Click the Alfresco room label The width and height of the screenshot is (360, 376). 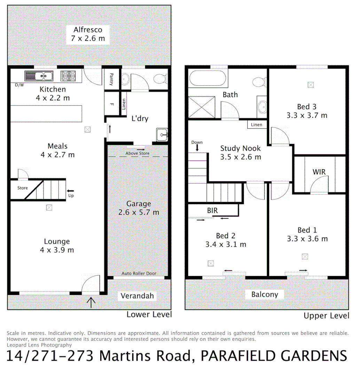[88, 30]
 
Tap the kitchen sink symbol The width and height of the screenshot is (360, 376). [39, 75]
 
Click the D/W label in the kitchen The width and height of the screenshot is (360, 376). [19, 85]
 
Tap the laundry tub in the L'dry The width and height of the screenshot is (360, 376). [163, 134]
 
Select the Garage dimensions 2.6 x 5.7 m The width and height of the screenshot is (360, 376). [139, 212]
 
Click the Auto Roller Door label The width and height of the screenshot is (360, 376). [139, 273]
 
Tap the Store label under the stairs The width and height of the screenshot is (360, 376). [23, 188]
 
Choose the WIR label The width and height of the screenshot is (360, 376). [319, 172]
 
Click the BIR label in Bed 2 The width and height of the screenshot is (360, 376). [212, 211]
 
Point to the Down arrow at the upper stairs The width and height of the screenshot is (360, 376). [197, 147]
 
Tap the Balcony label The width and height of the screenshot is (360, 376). [265, 295]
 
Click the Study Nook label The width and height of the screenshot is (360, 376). [240, 149]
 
